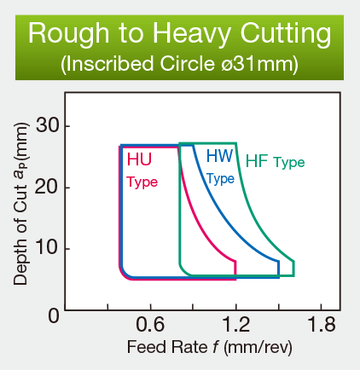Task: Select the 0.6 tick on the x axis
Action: (x=150, y=325)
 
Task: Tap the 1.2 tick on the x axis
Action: (x=235, y=325)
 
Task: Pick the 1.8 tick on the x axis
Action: (x=320, y=325)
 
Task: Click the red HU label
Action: (x=139, y=159)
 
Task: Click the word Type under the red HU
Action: (x=142, y=182)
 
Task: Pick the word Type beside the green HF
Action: (x=288, y=163)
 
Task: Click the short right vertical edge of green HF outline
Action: (x=293, y=268)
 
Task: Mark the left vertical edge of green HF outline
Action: (x=180, y=205)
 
